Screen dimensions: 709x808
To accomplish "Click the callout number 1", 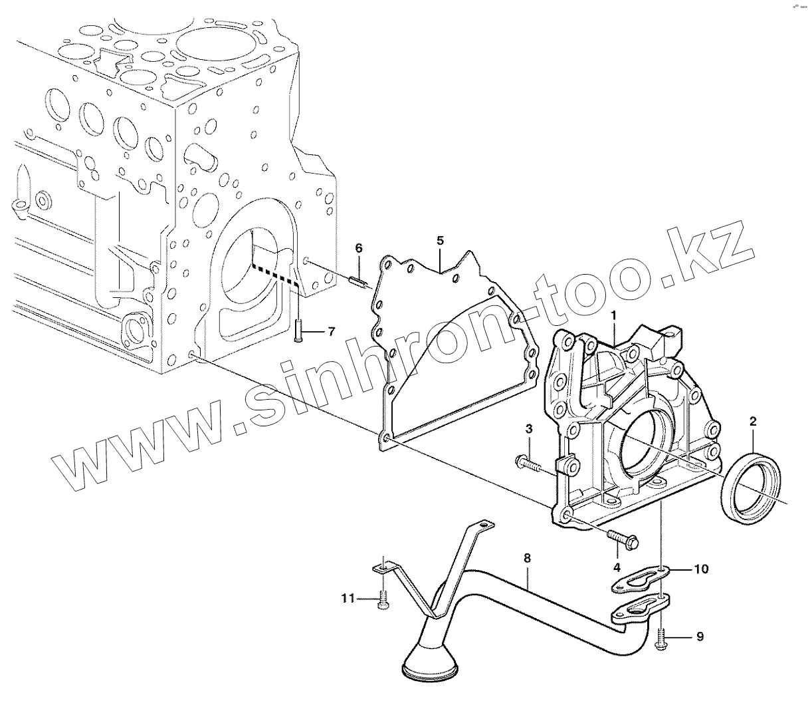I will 614,313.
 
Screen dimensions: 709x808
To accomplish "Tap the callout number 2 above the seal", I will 753,420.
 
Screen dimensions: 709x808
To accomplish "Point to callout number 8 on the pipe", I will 527,559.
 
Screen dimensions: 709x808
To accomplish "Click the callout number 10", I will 701,569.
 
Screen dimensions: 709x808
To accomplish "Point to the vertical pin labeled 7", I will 298,330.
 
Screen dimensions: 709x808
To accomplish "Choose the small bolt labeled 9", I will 660,640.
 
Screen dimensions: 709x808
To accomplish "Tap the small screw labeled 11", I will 383,603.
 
